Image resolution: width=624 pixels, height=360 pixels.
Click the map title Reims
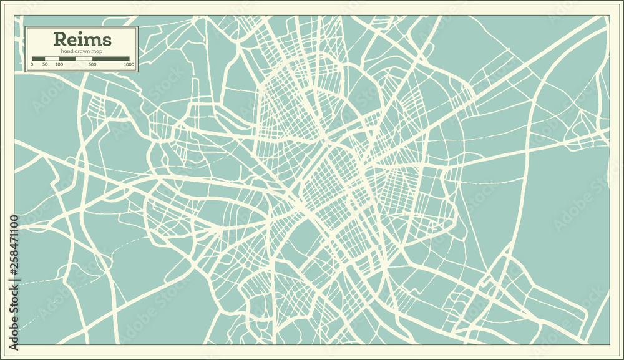(82, 39)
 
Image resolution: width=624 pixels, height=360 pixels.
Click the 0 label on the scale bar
(32, 64)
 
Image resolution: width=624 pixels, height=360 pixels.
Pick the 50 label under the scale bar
(45, 64)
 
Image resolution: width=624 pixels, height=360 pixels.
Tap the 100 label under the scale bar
(59, 64)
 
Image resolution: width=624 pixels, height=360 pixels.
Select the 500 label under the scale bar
(92, 64)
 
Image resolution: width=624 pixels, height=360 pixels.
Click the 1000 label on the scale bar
(129, 64)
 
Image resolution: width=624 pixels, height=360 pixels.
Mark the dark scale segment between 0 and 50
(38, 59)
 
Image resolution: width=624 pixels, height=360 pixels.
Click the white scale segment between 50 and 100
(52, 59)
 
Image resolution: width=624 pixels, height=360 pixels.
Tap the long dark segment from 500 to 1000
(111, 59)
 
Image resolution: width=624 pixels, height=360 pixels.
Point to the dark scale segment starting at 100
(67, 59)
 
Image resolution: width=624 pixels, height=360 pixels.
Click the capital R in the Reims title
(61, 39)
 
